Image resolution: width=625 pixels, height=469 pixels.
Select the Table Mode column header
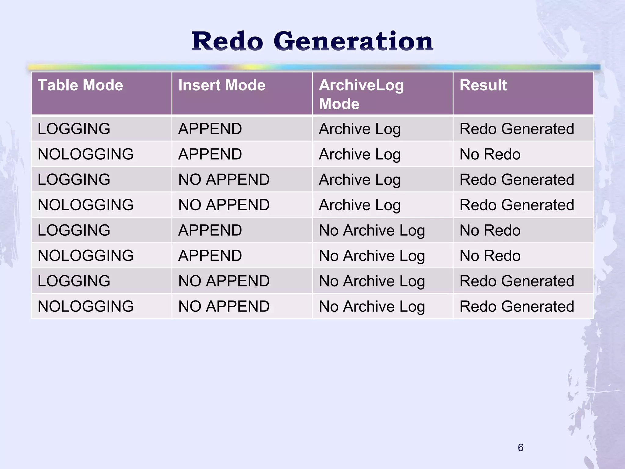(x=80, y=85)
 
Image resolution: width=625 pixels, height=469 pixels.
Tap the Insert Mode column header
(x=222, y=85)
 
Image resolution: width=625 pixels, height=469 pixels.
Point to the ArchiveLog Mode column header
(x=361, y=94)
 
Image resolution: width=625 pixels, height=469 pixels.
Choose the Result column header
(x=483, y=85)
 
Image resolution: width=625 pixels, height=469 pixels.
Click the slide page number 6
(x=521, y=448)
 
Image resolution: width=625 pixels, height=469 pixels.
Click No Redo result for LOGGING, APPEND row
(x=490, y=230)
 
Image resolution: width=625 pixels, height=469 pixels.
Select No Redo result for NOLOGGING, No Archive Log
(x=490, y=256)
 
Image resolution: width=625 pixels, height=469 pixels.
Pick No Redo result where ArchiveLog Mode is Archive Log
(x=490, y=154)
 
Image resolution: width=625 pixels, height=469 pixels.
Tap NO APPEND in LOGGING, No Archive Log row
(x=224, y=281)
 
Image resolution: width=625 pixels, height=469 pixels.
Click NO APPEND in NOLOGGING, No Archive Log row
(x=224, y=306)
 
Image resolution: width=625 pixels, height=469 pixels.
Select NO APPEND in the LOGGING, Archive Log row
(x=224, y=180)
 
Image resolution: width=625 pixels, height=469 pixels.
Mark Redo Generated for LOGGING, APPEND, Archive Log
(x=517, y=129)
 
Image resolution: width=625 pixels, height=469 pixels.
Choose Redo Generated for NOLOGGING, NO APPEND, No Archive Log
(x=517, y=306)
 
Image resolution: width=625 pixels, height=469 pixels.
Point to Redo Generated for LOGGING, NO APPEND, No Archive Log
(x=517, y=281)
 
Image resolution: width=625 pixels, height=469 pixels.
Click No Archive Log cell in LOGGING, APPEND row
(x=372, y=230)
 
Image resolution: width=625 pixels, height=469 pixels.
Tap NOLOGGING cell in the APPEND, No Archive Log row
(x=85, y=256)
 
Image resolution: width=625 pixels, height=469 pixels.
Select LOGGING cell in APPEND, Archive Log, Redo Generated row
(x=74, y=129)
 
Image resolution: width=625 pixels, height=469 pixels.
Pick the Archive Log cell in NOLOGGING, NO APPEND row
(x=359, y=205)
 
